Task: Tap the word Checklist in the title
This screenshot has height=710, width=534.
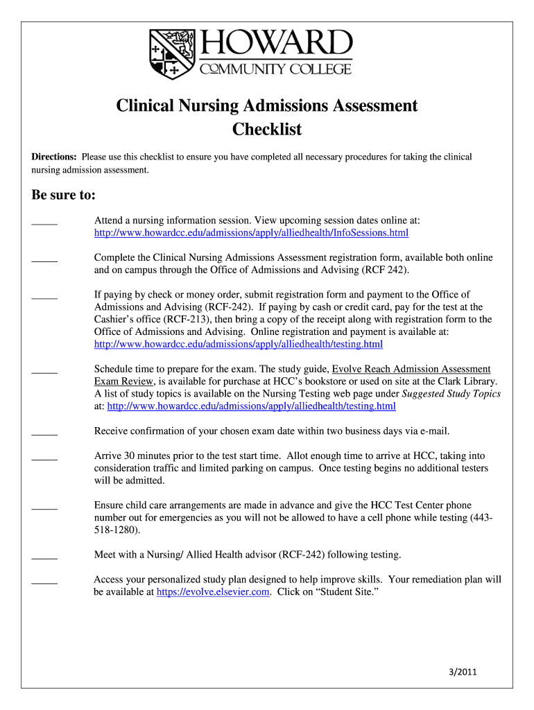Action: pyautogui.click(x=267, y=130)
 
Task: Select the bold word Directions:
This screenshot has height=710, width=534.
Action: pyautogui.click(x=55, y=157)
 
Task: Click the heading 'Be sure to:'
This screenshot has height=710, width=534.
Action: pyautogui.click(x=64, y=195)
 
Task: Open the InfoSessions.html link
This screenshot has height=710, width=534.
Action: pyautogui.click(x=251, y=233)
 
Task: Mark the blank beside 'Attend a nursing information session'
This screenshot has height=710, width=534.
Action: pyautogui.click(x=44, y=222)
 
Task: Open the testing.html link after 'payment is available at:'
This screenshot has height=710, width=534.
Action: pyautogui.click(x=238, y=345)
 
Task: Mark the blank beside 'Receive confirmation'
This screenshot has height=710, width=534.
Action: pyautogui.click(x=44, y=433)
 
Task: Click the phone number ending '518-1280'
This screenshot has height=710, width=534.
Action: pyautogui.click(x=116, y=530)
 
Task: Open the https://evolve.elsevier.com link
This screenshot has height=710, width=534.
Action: pyautogui.click(x=213, y=592)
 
